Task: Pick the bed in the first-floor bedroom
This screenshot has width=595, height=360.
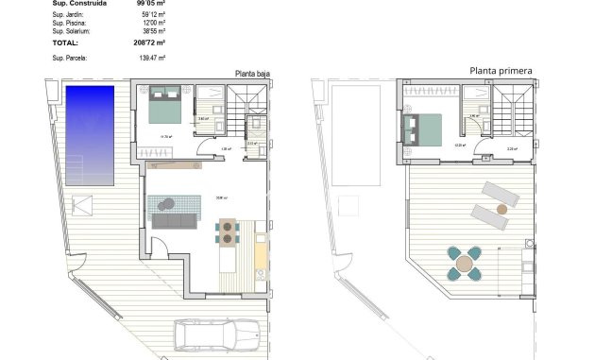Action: click(420, 129)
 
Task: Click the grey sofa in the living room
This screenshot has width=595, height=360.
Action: click(173, 221)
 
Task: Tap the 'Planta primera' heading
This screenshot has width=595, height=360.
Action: click(501, 70)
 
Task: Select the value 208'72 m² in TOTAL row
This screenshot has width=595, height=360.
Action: click(150, 43)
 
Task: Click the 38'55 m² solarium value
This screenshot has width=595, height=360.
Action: click(153, 31)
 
